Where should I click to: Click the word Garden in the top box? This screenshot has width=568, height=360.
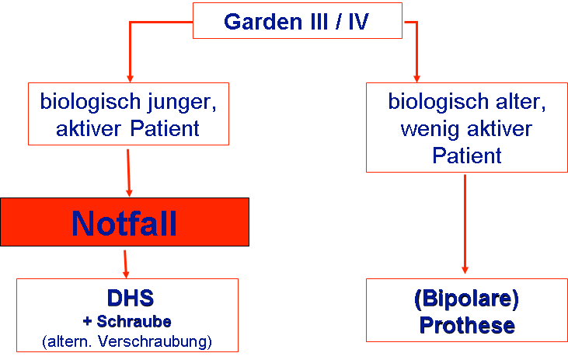click(263, 22)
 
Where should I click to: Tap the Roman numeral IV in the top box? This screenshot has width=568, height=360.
click(359, 22)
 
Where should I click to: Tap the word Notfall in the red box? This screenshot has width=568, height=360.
click(124, 223)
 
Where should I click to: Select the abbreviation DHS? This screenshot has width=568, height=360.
click(131, 299)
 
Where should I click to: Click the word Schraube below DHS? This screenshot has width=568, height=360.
click(134, 322)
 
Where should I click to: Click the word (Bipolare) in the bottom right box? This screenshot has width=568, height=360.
click(466, 299)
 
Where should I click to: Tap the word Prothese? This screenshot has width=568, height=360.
click(467, 325)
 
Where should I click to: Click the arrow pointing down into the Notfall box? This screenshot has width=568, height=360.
click(128, 173)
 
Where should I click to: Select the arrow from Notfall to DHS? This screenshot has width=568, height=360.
click(125, 264)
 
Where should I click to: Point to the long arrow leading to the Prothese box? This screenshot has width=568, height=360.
click(465, 224)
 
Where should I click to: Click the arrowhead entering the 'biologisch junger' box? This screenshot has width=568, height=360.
click(130, 79)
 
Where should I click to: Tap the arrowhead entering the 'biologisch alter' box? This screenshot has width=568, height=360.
click(416, 79)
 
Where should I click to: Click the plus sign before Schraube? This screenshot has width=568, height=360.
click(87, 322)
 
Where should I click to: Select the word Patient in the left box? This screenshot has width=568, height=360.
click(165, 129)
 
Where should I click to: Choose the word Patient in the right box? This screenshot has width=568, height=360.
click(467, 156)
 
